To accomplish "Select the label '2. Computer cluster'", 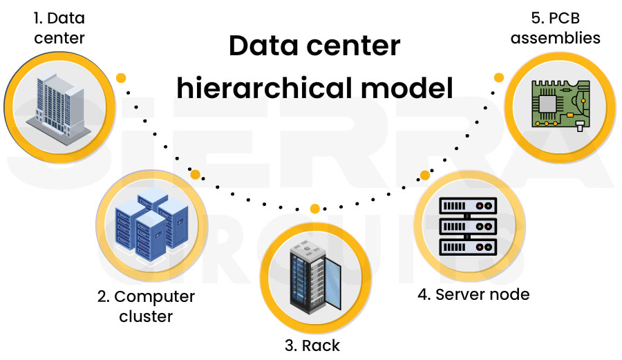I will (x=146, y=306).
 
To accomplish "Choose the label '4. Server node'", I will (x=473, y=294).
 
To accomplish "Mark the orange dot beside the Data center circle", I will (x=121, y=77).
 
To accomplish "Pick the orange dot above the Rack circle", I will (x=315, y=209).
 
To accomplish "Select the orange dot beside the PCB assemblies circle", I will (x=499, y=74).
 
